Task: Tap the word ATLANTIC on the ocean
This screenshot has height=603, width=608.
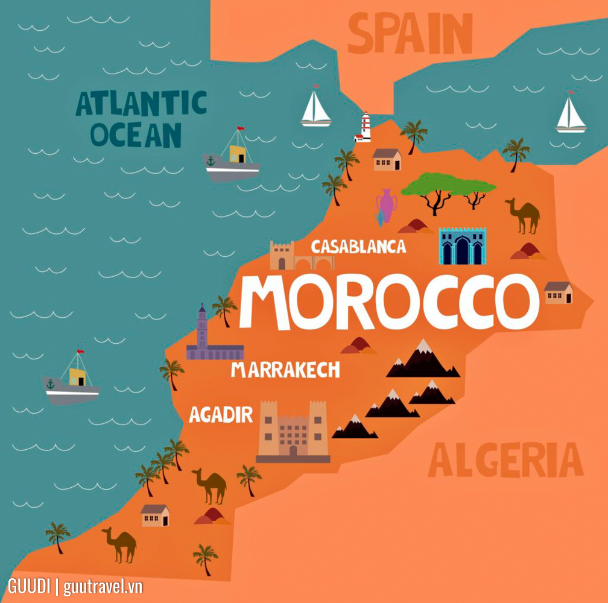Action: click(141, 104)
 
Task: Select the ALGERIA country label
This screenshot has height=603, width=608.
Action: click(505, 461)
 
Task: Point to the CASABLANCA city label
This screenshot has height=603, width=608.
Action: click(358, 247)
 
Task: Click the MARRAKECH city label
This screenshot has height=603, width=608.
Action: click(285, 370)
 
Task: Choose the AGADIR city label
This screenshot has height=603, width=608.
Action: click(221, 414)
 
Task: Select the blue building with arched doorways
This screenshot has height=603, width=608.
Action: click(462, 246)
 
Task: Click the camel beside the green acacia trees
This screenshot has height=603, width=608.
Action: click(524, 215)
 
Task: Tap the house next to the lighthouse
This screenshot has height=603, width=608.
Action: click(387, 160)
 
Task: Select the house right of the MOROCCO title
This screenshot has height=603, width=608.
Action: click(558, 292)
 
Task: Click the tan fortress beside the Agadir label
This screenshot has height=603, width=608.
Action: click(293, 431)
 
